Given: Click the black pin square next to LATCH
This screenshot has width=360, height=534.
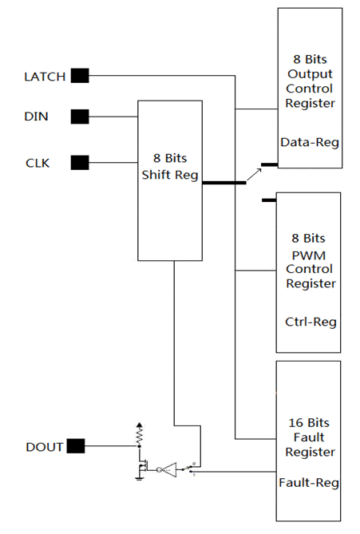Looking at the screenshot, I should point(80,76).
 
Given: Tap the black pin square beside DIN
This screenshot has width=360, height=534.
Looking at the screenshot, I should point(80,117).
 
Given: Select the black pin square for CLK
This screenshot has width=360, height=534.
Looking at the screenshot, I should point(80,163).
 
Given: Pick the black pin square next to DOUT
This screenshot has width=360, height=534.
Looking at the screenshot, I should point(75,446).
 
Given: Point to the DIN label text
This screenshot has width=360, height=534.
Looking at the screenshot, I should point(36,117).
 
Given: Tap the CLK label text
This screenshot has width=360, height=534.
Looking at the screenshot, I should point(37,164).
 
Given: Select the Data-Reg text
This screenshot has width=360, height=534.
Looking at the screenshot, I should point(310,143).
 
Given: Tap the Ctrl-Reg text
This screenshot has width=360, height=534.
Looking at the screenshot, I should point(310,322).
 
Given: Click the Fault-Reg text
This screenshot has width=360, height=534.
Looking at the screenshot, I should point(310,483).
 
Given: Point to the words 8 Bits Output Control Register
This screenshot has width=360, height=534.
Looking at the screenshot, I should point(310,81).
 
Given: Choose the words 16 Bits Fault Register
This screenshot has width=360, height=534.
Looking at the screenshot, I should point(310,437).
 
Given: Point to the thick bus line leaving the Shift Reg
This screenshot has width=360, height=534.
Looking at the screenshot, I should point(224,183).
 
